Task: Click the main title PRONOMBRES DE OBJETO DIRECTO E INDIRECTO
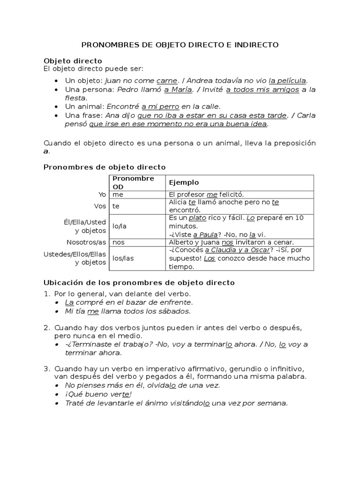[180, 45]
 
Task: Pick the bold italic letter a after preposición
[46, 151]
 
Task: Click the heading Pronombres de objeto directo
[104, 167]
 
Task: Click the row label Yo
[102, 194]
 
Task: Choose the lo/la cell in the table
[120, 226]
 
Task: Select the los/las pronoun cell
[123, 258]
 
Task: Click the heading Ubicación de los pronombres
[139, 283]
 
